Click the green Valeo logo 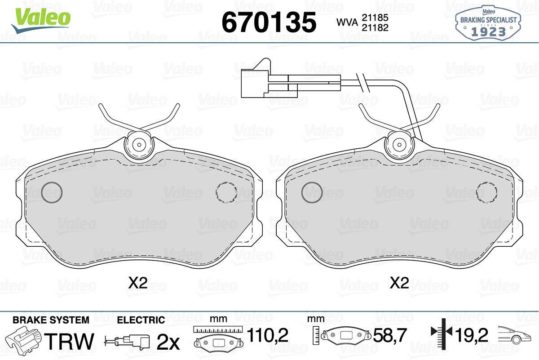coord(41,21)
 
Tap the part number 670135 coord(269,22)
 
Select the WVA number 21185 coord(375,18)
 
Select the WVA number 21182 coord(375,28)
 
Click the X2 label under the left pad coord(137,283)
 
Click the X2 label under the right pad coord(399,283)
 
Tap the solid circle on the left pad coord(52,192)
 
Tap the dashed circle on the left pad coord(226,192)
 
